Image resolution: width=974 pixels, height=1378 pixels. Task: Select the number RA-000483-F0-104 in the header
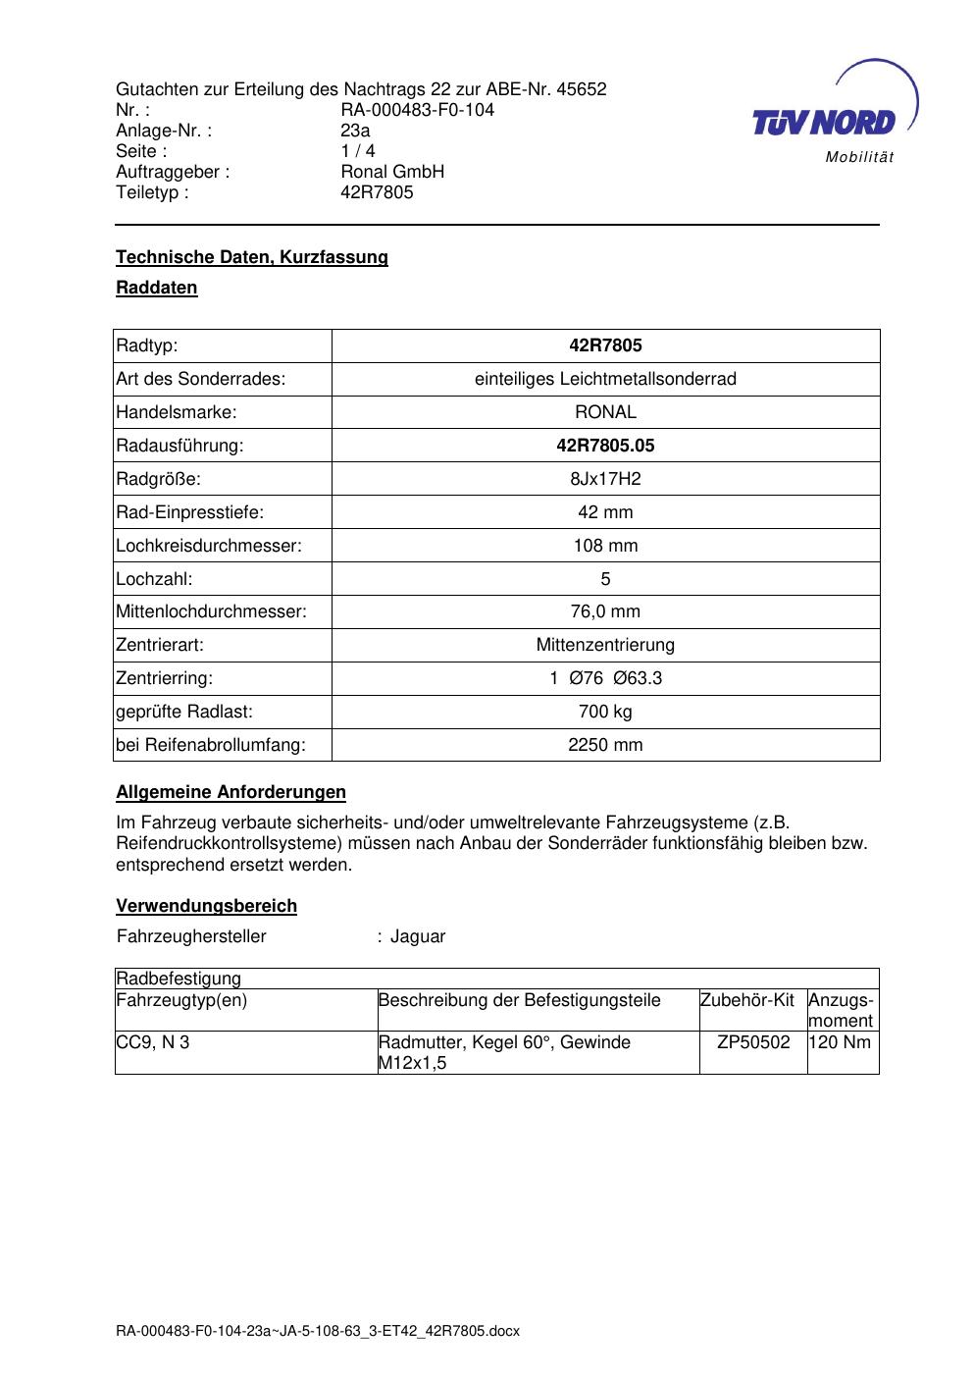[x=417, y=110]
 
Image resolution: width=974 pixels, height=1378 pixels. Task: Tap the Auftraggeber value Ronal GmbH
[x=392, y=172]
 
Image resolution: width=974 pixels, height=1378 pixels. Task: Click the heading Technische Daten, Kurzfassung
[x=252, y=257]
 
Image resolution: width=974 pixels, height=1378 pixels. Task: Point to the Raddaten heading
[x=157, y=288]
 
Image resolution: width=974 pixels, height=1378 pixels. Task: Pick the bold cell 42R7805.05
[x=605, y=446]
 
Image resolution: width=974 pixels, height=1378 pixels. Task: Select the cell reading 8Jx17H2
[x=605, y=479]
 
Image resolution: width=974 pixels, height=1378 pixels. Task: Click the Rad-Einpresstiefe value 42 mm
[x=605, y=512]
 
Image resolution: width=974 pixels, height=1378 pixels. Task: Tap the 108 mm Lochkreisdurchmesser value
[x=605, y=546]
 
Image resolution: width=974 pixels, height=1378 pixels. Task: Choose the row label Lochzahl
[x=154, y=579]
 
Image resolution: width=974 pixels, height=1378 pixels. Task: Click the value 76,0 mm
[x=605, y=611]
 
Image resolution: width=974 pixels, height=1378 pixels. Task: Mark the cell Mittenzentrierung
[x=605, y=645]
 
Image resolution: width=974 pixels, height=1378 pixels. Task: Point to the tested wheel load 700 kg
[x=605, y=712]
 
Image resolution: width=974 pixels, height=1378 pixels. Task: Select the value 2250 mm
[x=605, y=745]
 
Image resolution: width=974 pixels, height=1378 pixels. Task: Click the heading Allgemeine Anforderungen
[x=231, y=792]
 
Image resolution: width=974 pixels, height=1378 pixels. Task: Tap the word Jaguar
[x=418, y=936]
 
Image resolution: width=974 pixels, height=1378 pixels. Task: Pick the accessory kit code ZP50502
[x=753, y=1042]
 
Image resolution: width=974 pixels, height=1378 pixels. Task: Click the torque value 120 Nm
[x=842, y=1042]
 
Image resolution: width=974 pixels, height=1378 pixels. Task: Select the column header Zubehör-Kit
[x=747, y=1000]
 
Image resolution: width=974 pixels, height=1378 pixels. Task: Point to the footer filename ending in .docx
[x=318, y=1331]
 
